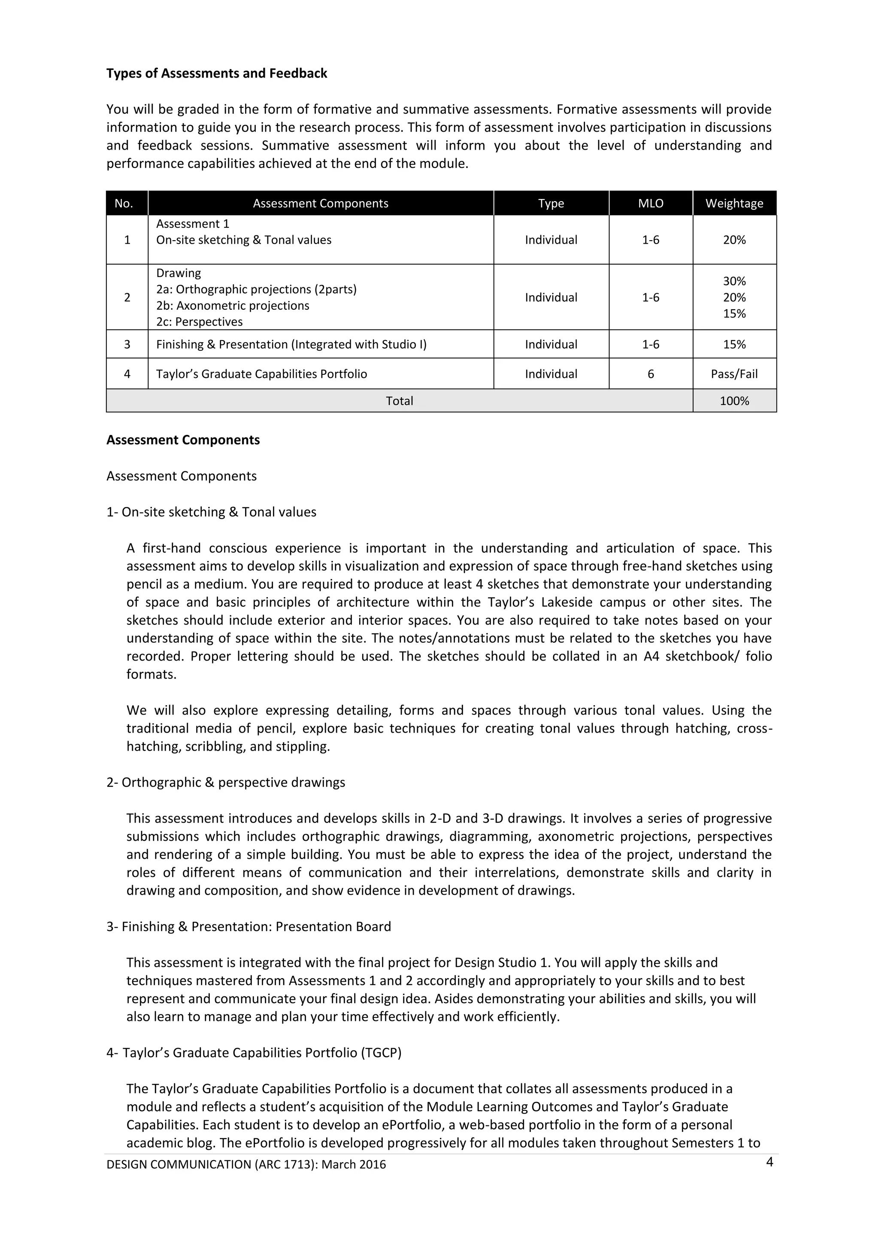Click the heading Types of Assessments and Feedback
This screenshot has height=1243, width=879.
pyautogui.click(x=217, y=74)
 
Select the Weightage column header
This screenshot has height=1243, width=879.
pyautogui.click(x=734, y=204)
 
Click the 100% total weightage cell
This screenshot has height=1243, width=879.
pyautogui.click(x=734, y=401)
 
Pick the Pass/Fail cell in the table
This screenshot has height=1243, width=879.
pyautogui.click(x=734, y=374)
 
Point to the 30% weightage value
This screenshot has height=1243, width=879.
pyautogui.click(x=734, y=281)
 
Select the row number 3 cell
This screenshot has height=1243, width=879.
pyautogui.click(x=127, y=345)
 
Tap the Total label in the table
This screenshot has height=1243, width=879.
pyautogui.click(x=399, y=401)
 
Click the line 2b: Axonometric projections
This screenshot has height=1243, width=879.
pyautogui.click(x=233, y=306)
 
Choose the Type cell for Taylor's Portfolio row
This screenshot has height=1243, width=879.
pyautogui.click(x=551, y=374)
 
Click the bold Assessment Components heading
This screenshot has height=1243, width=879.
pyautogui.click(x=183, y=440)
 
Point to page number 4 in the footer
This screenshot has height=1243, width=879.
pyautogui.click(x=769, y=1162)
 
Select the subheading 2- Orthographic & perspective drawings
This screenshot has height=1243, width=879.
pyautogui.click(x=226, y=783)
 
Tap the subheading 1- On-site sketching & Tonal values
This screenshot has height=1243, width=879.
pyautogui.click(x=211, y=512)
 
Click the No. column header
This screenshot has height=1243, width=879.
pyautogui.click(x=124, y=204)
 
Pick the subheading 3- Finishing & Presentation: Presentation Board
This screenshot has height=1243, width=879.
pyautogui.click(x=249, y=927)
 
